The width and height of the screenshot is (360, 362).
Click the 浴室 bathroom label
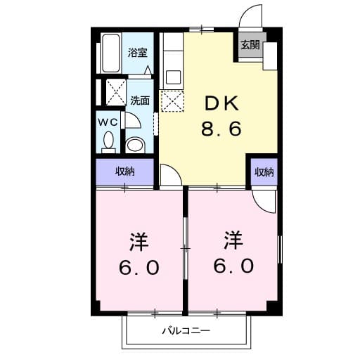pos(137,53)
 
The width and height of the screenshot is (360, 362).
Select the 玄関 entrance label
pos(250,46)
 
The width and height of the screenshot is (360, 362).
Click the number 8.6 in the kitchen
pos(223,129)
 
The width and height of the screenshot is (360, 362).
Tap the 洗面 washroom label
pos(139,101)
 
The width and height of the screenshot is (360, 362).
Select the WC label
pos(108,122)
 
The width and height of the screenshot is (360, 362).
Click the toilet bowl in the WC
pos(108,143)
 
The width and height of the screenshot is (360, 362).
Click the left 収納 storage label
pos(124,172)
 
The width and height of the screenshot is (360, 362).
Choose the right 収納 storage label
pos(264,172)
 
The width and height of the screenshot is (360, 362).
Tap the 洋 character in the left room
pos(139,241)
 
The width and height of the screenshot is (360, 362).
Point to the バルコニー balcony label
pos(186,330)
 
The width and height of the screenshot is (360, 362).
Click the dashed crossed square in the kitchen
pos(172,101)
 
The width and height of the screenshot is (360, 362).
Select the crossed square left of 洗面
pos(115,92)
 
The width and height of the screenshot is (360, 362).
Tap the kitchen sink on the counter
pos(171,75)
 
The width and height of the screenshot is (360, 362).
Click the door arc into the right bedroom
pos(265,200)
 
